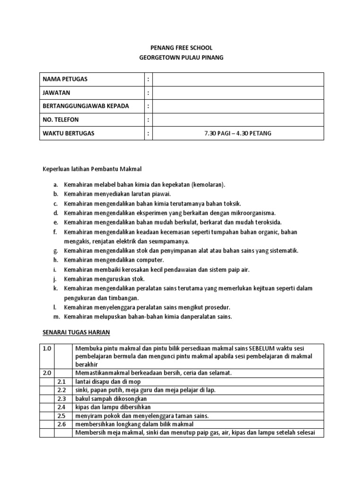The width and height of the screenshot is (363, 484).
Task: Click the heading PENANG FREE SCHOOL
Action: [x=181, y=48]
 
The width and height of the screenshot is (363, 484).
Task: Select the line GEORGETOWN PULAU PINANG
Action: [x=181, y=57]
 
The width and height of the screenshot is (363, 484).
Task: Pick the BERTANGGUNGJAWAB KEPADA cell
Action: [x=86, y=106]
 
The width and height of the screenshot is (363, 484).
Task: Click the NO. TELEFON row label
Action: [x=61, y=120]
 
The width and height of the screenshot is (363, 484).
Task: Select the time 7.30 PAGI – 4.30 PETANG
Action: [x=238, y=133]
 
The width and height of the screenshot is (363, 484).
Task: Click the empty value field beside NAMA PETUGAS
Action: [x=238, y=79]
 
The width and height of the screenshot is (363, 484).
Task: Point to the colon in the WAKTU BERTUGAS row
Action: [x=148, y=133]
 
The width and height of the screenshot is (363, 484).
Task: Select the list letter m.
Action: [x=56, y=317]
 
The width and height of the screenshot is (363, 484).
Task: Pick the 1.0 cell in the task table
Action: [x=46, y=348]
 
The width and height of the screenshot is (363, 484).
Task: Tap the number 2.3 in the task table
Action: [x=61, y=398]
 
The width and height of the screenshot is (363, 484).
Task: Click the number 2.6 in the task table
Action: [x=61, y=424]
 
